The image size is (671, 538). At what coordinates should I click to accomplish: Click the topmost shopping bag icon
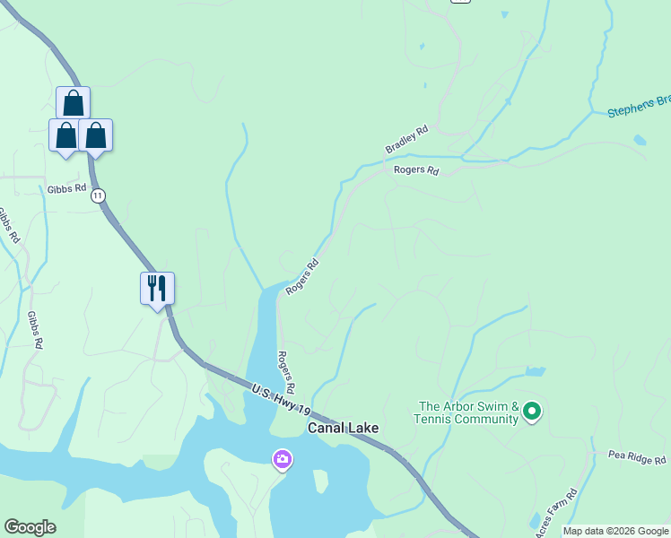73,102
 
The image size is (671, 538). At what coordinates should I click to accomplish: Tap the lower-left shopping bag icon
65,135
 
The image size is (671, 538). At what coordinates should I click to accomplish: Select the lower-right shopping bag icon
95,135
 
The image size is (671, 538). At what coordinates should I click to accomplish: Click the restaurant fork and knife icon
157,288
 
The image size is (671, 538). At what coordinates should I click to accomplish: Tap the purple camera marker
282,460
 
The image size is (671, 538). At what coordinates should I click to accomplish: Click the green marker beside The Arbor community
532,412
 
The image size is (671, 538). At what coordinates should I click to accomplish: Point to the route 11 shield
98,195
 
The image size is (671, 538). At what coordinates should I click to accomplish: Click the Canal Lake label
343,429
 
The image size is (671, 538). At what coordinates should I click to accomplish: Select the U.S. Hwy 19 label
281,399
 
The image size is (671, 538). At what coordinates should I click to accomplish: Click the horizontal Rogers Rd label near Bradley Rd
416,170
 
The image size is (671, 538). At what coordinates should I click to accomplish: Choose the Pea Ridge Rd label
636,458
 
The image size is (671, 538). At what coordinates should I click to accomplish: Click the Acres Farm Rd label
555,513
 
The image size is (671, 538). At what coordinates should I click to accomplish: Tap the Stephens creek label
638,108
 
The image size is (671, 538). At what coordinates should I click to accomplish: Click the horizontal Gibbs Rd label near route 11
67,188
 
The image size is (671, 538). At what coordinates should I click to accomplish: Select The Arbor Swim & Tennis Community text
466,412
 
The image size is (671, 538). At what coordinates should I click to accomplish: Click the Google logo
30,527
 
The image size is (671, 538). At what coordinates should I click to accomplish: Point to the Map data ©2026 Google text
615,531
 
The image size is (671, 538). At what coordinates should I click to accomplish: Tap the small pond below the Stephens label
639,141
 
